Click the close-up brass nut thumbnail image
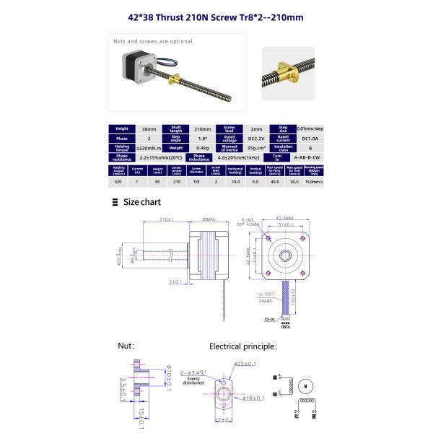[287, 72]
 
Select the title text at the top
[216, 17]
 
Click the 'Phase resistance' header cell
[121, 156]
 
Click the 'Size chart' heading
[141, 202]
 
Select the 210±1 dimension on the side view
[166, 219]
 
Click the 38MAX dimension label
[209, 219]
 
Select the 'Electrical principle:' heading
[242, 346]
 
